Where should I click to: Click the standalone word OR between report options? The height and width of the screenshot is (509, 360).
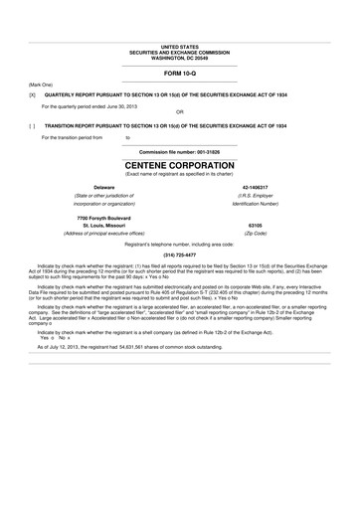click(x=180, y=112)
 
